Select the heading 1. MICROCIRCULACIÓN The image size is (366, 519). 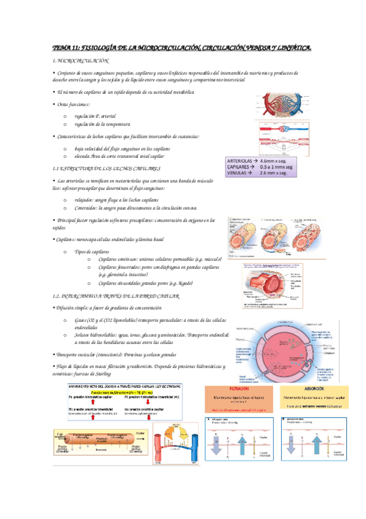81,62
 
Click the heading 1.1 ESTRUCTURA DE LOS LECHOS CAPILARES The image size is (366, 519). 108,168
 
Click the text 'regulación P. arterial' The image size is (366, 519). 95,116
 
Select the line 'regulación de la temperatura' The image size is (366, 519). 101,124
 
